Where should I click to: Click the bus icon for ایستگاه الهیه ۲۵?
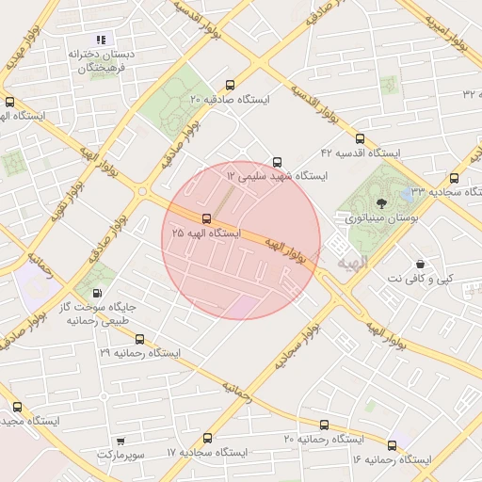point(206,219)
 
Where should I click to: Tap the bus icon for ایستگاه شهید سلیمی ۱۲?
point(276,162)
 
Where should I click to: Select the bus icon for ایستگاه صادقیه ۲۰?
point(232,85)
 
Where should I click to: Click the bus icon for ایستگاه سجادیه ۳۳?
point(455,177)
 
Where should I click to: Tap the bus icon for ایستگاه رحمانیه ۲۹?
point(138,338)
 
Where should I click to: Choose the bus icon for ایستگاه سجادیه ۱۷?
point(207,438)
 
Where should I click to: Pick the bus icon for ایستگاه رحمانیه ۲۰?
point(325,426)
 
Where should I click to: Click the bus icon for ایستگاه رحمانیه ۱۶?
point(392,445)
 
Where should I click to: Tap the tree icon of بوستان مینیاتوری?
point(380,202)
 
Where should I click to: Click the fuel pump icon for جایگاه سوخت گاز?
point(99,294)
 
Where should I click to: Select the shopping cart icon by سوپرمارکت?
point(120,441)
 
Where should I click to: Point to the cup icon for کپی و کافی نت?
point(419,265)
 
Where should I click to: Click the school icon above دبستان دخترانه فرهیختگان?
point(102,40)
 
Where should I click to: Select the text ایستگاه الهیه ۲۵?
point(206,233)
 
